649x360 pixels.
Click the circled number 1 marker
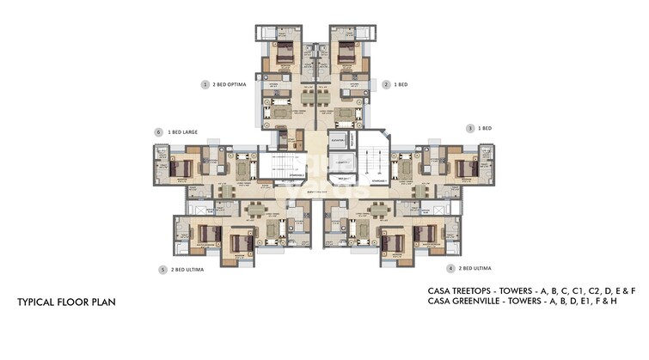205,85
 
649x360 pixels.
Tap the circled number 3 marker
470,128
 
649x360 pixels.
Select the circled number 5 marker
162,270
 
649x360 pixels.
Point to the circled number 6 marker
158,132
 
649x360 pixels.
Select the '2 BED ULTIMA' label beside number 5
188,270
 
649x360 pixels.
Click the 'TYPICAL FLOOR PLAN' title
66,303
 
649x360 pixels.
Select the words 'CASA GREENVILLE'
465,303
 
